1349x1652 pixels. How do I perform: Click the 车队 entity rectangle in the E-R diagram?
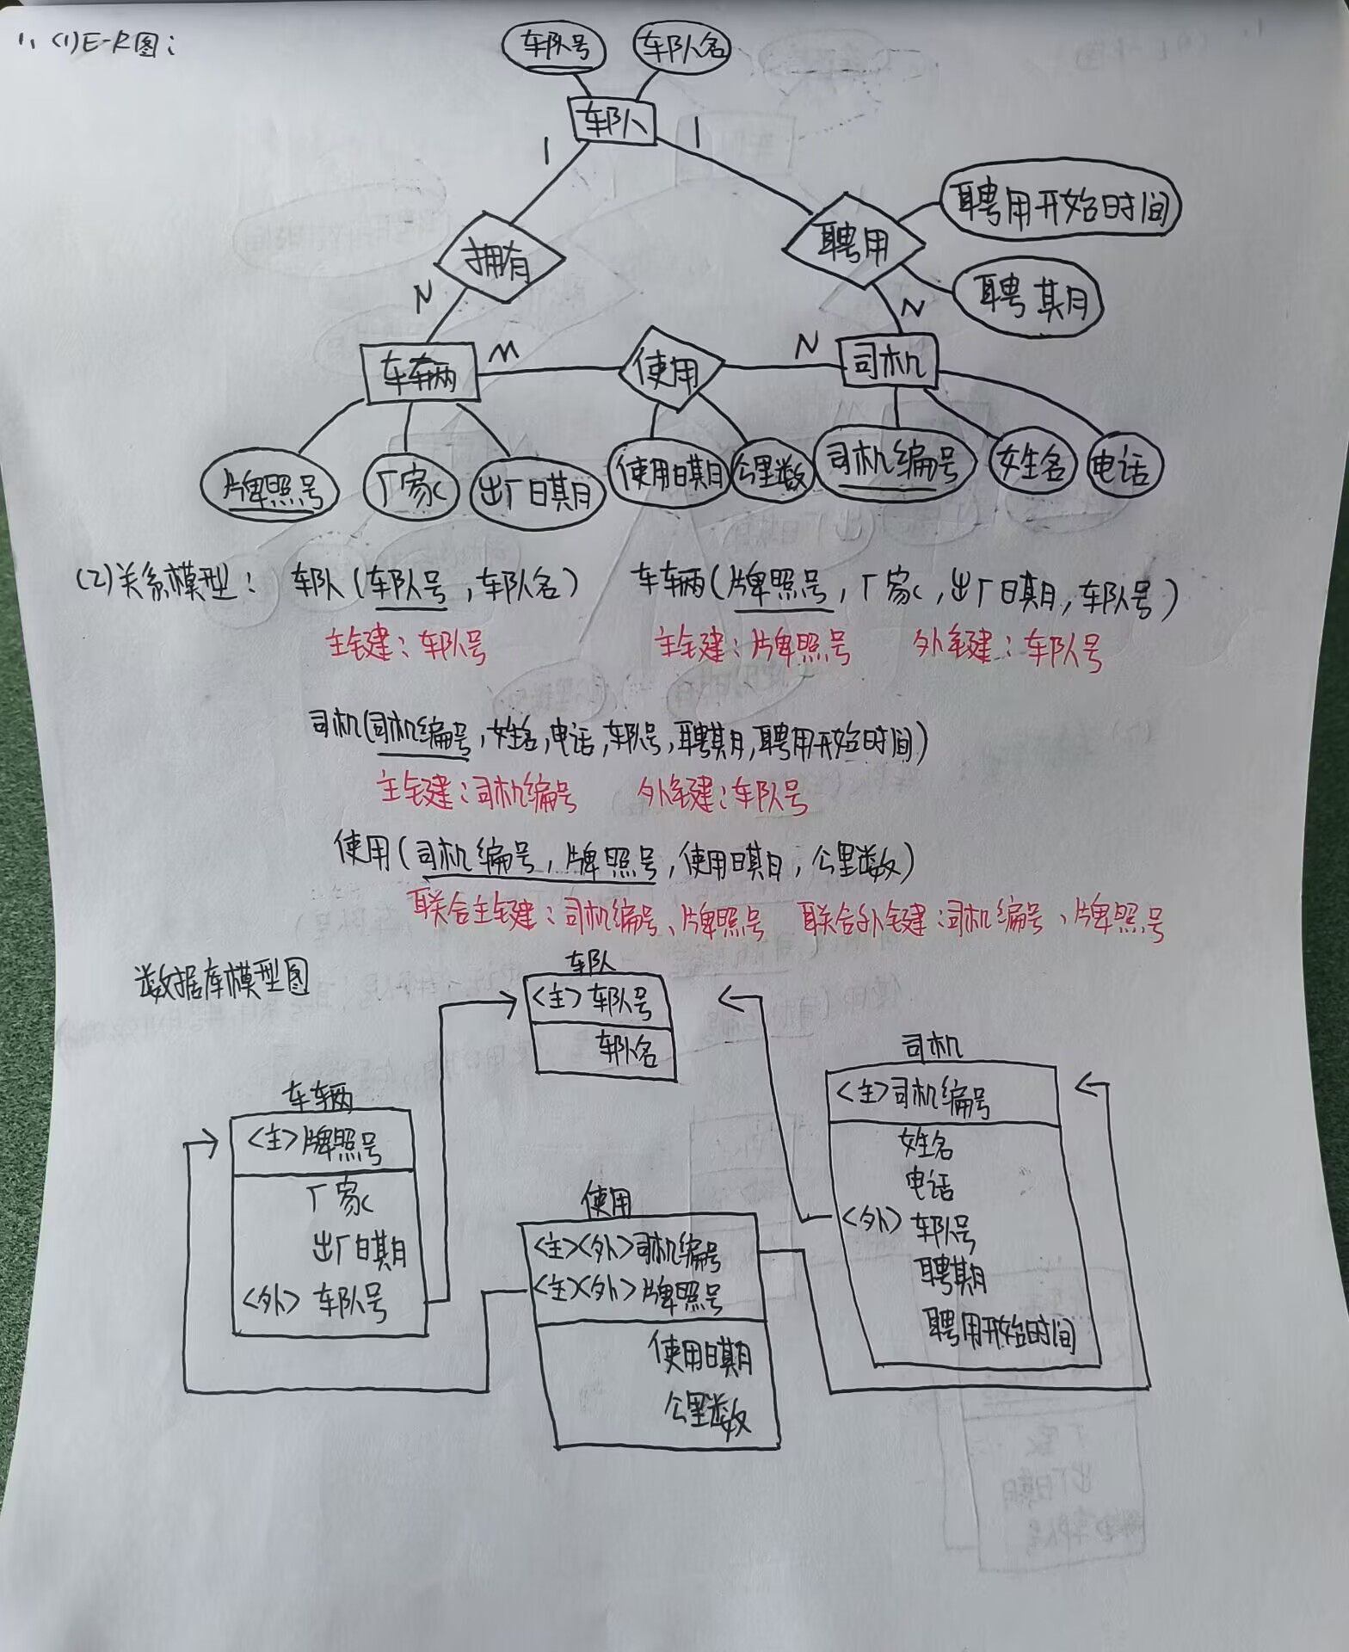(613, 121)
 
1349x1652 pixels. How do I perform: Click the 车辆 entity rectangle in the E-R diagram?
(420, 373)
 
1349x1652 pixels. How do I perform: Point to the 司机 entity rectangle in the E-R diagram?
(888, 366)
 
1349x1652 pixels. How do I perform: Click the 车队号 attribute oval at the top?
(557, 47)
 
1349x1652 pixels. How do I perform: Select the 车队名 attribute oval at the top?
(681, 47)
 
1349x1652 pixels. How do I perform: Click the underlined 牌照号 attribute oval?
(270, 490)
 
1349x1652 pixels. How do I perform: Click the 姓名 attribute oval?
(1032, 465)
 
